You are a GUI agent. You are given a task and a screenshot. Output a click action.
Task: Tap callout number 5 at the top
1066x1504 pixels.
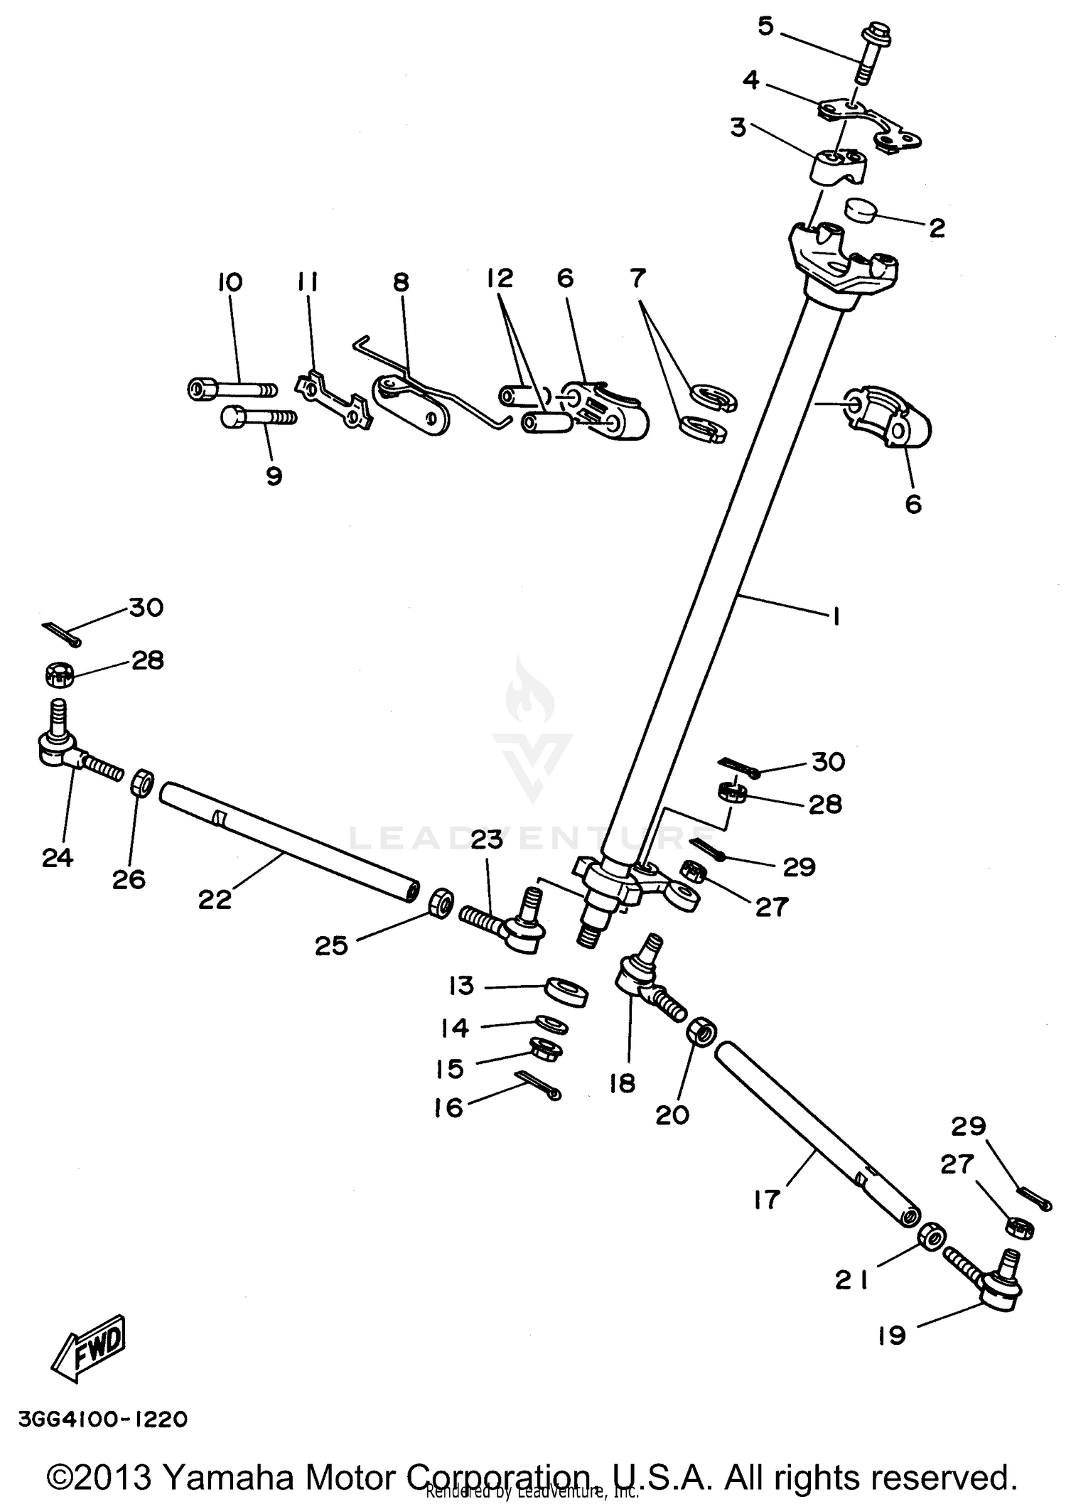click(765, 26)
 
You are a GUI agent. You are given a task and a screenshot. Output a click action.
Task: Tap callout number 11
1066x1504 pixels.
click(307, 283)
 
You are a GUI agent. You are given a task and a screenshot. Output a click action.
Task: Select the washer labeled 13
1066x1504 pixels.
click(565, 991)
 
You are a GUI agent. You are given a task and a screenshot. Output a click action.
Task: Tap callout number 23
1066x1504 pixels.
click(486, 839)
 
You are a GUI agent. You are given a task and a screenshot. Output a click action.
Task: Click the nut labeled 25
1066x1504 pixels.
click(441, 902)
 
